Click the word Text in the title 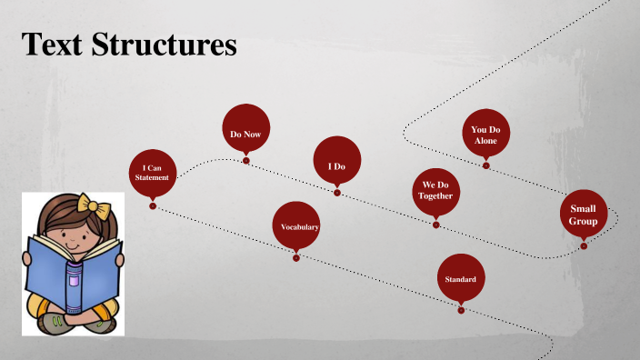click(x=52, y=44)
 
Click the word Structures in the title click(x=164, y=44)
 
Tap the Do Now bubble click(x=246, y=128)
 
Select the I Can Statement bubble click(x=153, y=173)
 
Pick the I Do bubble click(x=337, y=160)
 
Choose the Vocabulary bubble click(x=296, y=225)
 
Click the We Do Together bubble click(x=436, y=192)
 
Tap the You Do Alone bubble click(x=486, y=133)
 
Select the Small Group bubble click(x=584, y=214)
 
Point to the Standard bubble click(x=461, y=277)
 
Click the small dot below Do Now click(x=245, y=161)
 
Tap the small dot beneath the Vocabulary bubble click(x=296, y=258)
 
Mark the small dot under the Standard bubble click(x=461, y=311)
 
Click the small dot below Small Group click(x=584, y=246)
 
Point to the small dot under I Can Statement click(x=153, y=206)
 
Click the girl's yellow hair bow click(x=94, y=205)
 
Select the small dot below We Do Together click(x=436, y=225)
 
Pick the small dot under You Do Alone click(x=485, y=165)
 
